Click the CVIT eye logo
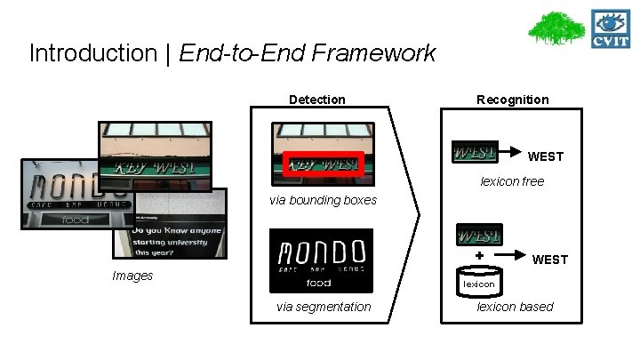coord(612,30)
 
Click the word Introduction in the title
coord(79,53)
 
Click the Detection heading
coord(316,100)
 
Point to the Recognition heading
coord(512,100)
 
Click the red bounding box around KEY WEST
coord(322,165)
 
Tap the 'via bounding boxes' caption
coord(323,200)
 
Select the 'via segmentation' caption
coord(324,307)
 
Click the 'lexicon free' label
coord(512,181)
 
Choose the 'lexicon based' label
coord(515,307)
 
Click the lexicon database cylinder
coord(479,282)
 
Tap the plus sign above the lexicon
coord(479,255)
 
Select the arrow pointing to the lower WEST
coord(513,256)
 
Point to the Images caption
coord(132,276)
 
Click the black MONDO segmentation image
coord(322,260)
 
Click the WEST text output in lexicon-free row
coord(545,156)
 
